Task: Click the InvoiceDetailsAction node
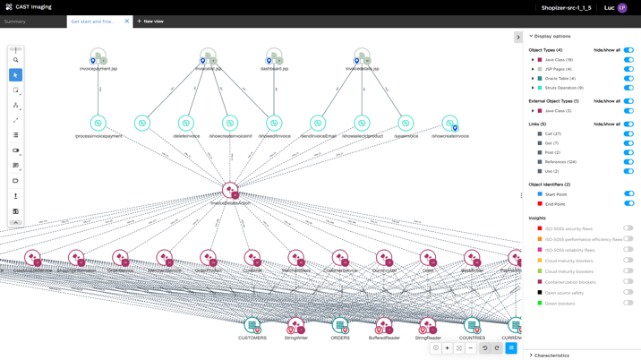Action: (230, 190)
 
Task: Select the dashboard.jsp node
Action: (274, 57)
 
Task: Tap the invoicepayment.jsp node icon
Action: (98, 57)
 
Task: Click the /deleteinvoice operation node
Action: (186, 124)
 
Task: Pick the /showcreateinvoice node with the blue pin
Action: (449, 124)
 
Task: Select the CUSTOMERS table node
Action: (252, 325)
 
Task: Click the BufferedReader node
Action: (384, 325)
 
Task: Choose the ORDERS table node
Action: (340, 325)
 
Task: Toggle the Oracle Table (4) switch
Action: (628, 79)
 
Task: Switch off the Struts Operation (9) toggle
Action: (628, 88)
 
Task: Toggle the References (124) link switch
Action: (628, 162)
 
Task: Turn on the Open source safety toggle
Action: (628, 293)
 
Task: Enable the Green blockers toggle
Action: (628, 304)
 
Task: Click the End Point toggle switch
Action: (628, 204)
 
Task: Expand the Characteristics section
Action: (551, 356)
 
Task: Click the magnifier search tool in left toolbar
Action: (15, 60)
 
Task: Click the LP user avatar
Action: (622, 8)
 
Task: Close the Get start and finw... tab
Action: (127, 21)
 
